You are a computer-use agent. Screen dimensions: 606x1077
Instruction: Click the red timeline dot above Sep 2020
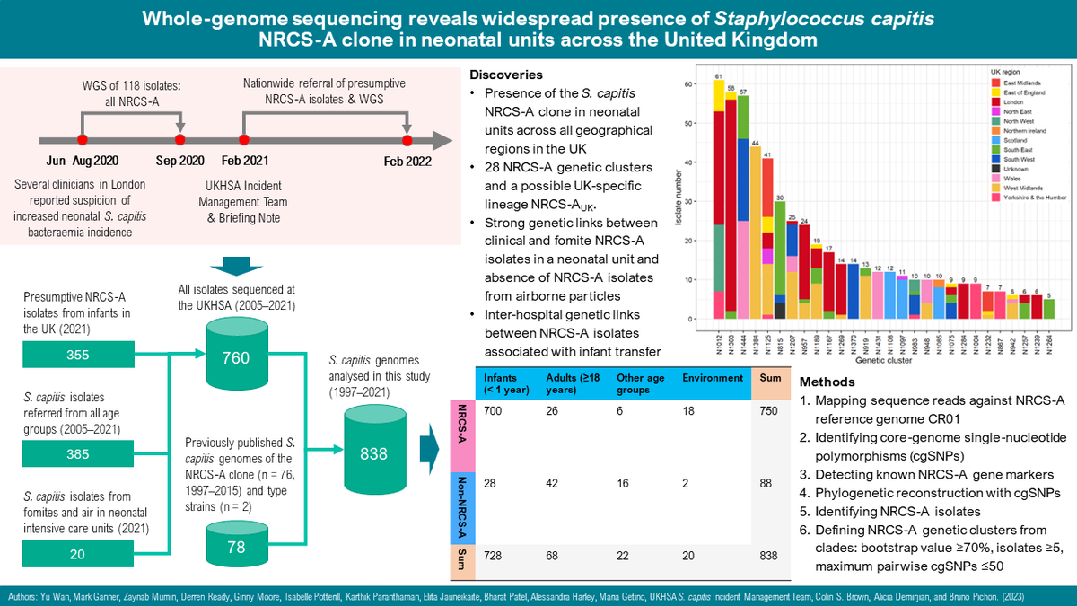pyautogui.click(x=179, y=140)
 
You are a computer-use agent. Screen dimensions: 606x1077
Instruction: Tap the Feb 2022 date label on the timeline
pyautogui.click(x=407, y=162)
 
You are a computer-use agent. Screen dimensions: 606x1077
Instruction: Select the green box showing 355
pyautogui.click(x=78, y=331)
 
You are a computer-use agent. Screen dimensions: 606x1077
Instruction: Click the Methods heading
pyautogui.click(x=827, y=381)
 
